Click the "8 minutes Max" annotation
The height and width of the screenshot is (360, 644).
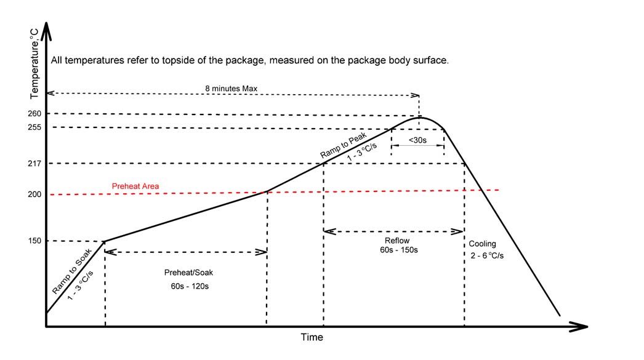(x=231, y=88)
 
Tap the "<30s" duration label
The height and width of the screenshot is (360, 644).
(x=417, y=141)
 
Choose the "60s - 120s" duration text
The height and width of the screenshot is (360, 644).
(x=190, y=286)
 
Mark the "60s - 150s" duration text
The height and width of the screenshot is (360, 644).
(x=398, y=251)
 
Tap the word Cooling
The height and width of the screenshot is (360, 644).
(x=482, y=244)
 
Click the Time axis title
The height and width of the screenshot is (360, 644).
(x=312, y=337)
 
